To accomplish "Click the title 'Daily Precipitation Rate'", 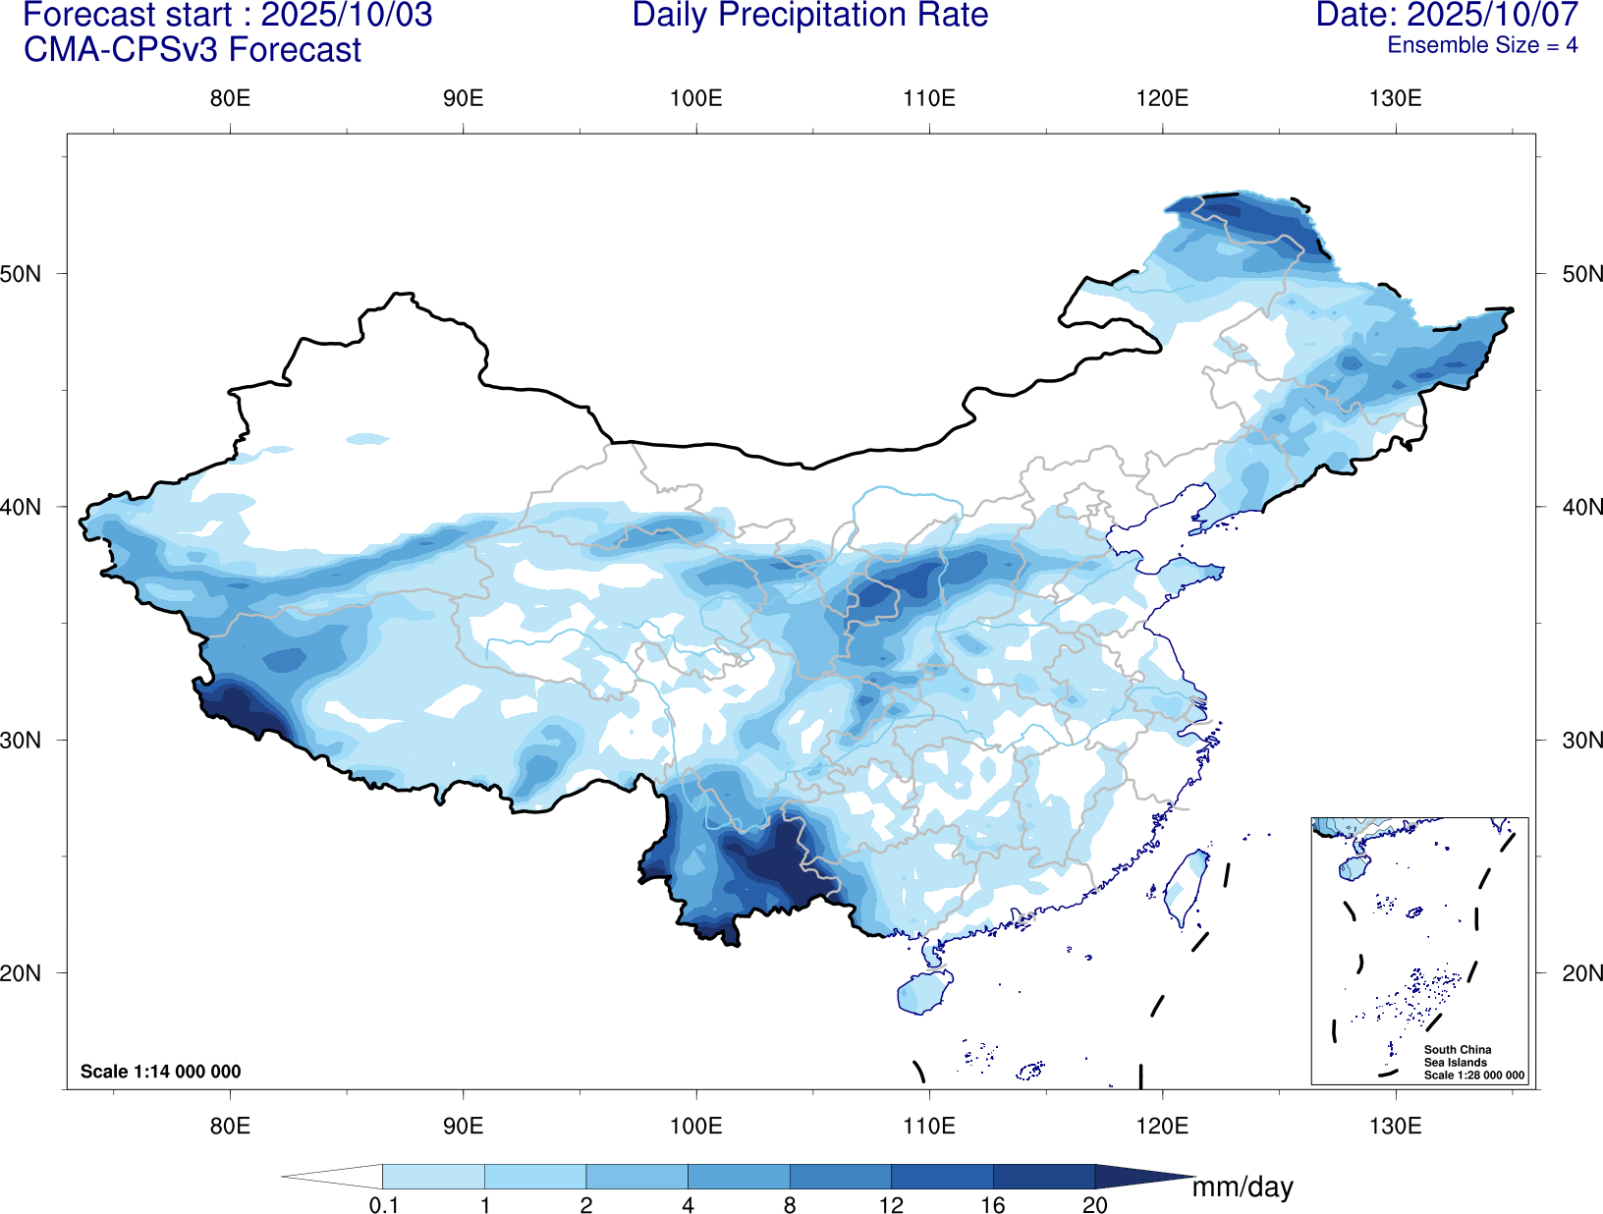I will [x=809, y=16].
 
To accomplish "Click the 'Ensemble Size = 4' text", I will [x=1481, y=45].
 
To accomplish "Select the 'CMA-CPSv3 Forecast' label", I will [x=193, y=50].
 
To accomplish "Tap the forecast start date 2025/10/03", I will [x=346, y=16].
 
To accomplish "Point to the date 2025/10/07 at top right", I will [x=1492, y=16].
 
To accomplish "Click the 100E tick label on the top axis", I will [x=695, y=98].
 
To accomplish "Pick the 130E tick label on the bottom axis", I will [x=1395, y=1126].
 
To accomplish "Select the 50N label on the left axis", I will [x=21, y=274].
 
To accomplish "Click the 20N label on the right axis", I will [x=1582, y=973].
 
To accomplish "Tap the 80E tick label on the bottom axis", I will [x=230, y=1126].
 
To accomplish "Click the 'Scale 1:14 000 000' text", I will [x=160, y=1072].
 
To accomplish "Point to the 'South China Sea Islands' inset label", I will [x=1458, y=1056].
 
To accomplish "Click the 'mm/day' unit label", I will [x=1243, y=1187].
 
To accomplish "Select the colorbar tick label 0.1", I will [x=383, y=1205].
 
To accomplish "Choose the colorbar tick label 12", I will [x=891, y=1205].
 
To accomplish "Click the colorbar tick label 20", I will [x=1094, y=1205].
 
